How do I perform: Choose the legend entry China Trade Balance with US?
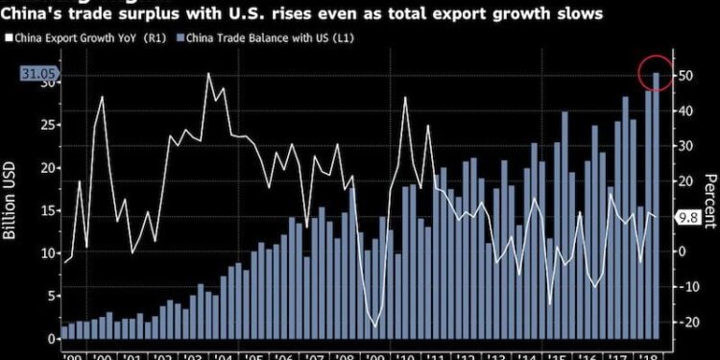pos(241,39)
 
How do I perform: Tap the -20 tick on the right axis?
pos(685,322)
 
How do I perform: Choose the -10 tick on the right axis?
pos(685,286)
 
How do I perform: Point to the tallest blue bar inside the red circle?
pos(657,206)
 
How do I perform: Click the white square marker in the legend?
pos(10,39)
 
